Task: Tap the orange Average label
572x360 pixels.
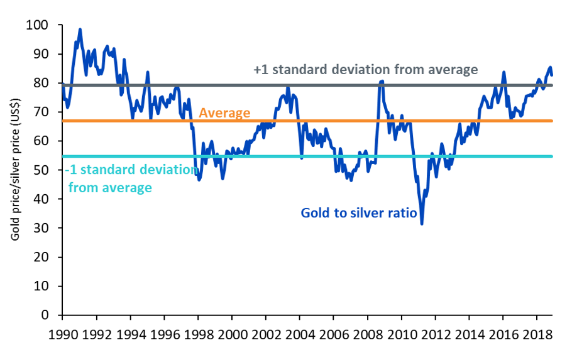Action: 224,114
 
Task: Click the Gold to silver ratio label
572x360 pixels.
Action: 359,213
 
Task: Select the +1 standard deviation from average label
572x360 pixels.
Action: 365,70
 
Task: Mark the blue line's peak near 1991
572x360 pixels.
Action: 80,29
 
